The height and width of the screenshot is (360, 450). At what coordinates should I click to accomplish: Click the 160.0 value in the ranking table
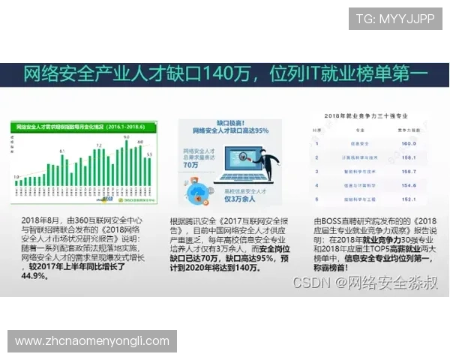(x=409, y=142)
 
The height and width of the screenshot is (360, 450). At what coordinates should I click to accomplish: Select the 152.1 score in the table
(x=409, y=199)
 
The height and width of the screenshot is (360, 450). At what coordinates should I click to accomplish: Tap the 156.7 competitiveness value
(x=409, y=172)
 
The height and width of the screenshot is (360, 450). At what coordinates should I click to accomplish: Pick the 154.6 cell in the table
(x=409, y=185)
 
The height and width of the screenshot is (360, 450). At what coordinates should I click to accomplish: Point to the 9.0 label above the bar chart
(x=129, y=138)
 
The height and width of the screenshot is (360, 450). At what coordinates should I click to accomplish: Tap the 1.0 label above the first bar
(x=17, y=176)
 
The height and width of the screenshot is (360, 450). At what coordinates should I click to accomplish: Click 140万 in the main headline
(x=229, y=75)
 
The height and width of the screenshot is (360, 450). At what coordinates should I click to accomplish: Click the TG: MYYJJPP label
(x=394, y=19)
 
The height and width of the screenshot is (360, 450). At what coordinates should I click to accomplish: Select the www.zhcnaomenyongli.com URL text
(x=92, y=340)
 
